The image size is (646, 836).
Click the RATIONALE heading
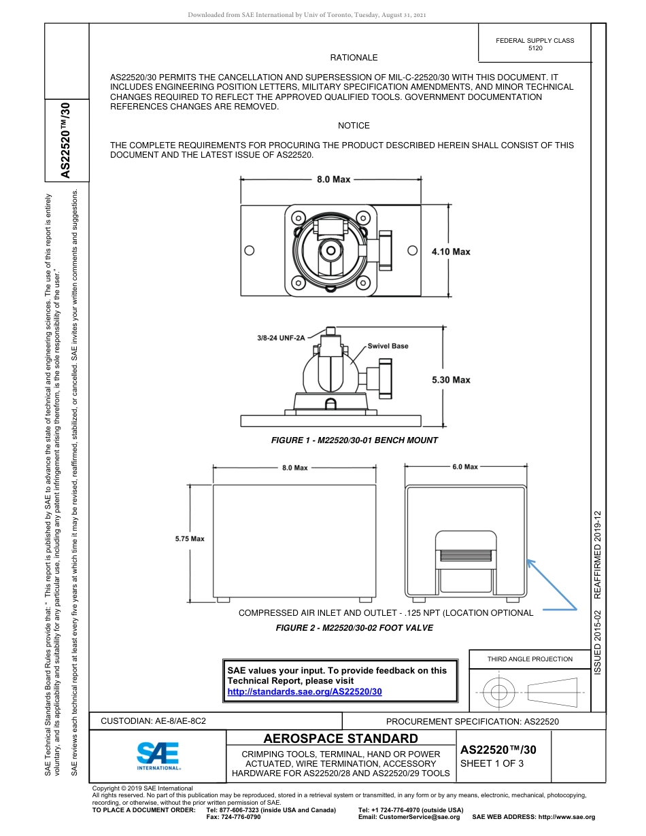coord(354,58)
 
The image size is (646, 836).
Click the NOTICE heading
coord(354,126)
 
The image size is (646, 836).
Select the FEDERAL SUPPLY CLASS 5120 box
coord(534,44)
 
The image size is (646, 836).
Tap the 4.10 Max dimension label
coord(451,252)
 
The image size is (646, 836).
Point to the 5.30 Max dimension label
coord(451,380)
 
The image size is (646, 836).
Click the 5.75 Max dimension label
coord(190,539)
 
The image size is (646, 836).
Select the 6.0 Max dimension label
coord(465,467)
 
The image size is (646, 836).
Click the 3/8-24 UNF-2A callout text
coord(282,337)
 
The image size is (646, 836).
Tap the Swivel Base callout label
coord(388,346)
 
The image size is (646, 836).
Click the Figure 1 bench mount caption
coord(354,440)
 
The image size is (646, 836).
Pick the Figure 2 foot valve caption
coord(354,627)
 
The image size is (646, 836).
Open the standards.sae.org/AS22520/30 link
coord(305,691)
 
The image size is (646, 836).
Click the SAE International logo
coord(158,754)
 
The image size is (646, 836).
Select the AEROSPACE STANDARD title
coord(341,739)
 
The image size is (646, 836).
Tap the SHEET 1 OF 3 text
coord(492,763)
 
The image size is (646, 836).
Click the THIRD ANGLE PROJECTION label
coord(530,659)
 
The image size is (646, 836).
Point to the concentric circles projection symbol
coord(500,692)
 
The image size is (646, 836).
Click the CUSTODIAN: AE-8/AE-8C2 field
coord(153,720)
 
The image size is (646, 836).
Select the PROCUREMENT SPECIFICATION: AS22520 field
coord(472,721)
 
